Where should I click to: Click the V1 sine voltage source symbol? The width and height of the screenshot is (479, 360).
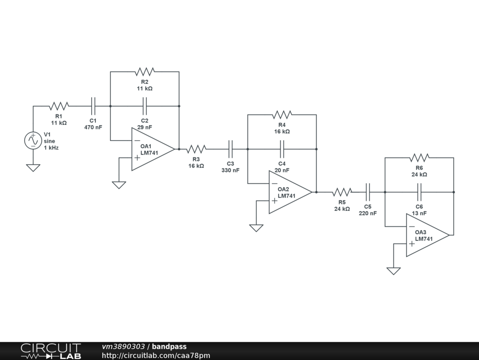pos(33,141)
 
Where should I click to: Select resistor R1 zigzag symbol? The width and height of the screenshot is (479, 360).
pos(58,106)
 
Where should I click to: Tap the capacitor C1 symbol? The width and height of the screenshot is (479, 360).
pos(93,106)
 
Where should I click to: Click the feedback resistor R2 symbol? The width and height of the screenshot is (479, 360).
pos(145,72)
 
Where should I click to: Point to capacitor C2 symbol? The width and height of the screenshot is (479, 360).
pos(145,106)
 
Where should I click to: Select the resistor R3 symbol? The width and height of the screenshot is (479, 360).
pos(196,149)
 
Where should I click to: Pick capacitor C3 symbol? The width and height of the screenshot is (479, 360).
pos(230,149)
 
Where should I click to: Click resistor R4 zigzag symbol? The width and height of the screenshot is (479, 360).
pos(282,115)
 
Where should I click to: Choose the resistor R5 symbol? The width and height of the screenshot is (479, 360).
pos(342,192)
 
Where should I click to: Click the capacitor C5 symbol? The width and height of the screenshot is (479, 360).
pos(368,192)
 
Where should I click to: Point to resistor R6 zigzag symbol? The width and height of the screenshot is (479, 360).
pos(419,158)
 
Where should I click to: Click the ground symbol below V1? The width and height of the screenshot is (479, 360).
pos(33,168)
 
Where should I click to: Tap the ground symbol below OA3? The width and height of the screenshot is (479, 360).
pos(393,271)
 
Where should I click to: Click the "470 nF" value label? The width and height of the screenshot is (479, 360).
pos(93,127)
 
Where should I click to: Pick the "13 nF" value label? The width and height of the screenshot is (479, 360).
pos(419,213)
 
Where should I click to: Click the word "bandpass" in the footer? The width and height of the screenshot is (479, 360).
pos(169,347)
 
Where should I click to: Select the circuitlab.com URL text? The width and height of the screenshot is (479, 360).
pos(156,356)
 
